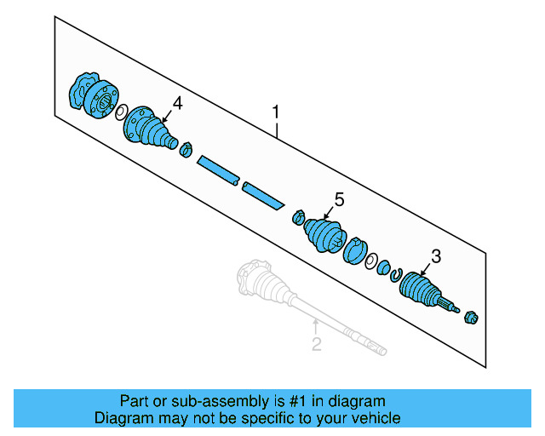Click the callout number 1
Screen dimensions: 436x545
pos(275,112)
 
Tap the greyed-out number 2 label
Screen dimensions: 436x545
pos(316,344)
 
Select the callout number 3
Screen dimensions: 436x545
pos(436,255)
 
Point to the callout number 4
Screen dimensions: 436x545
pos(177,103)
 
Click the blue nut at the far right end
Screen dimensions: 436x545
pos(471,318)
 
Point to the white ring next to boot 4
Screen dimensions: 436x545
pos(121,112)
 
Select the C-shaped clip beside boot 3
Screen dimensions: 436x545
pos(396,273)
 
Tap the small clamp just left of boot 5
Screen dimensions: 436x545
pos(298,217)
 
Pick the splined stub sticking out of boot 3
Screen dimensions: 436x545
pos(448,302)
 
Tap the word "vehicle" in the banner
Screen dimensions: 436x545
pos(374,418)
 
